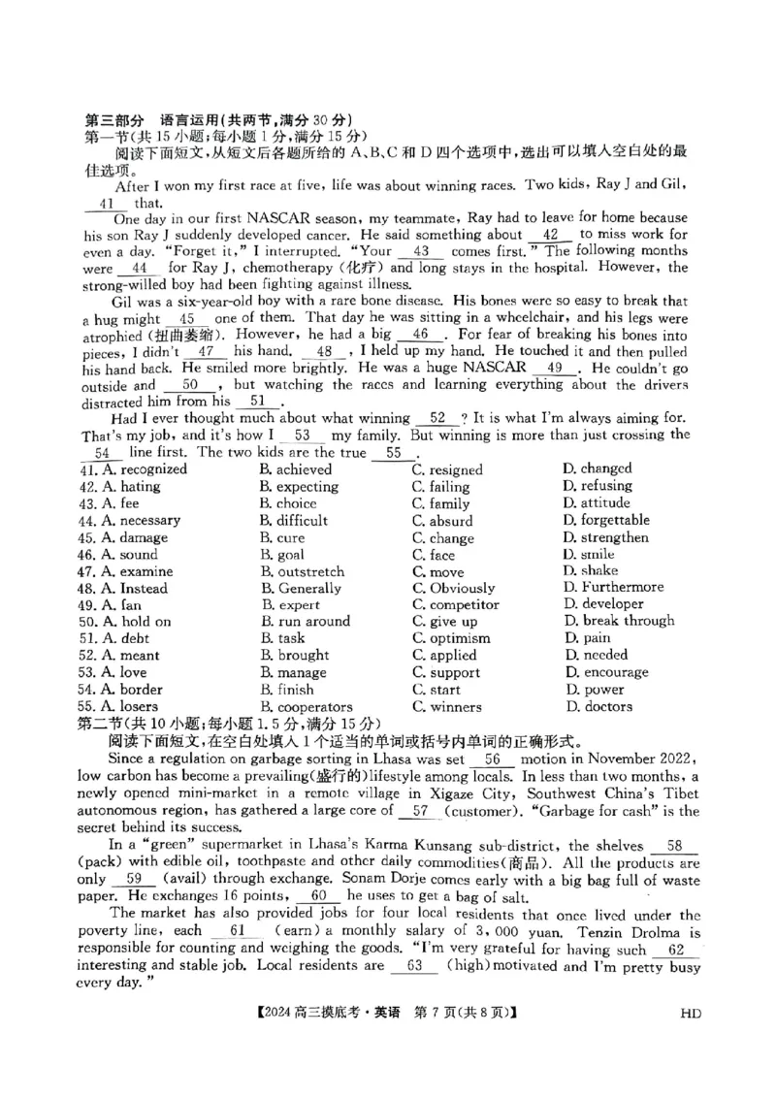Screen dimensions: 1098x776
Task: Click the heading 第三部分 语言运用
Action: (x=152, y=119)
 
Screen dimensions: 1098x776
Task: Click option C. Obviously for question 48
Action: (x=453, y=588)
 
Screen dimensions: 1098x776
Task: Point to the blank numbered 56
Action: (x=492, y=760)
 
